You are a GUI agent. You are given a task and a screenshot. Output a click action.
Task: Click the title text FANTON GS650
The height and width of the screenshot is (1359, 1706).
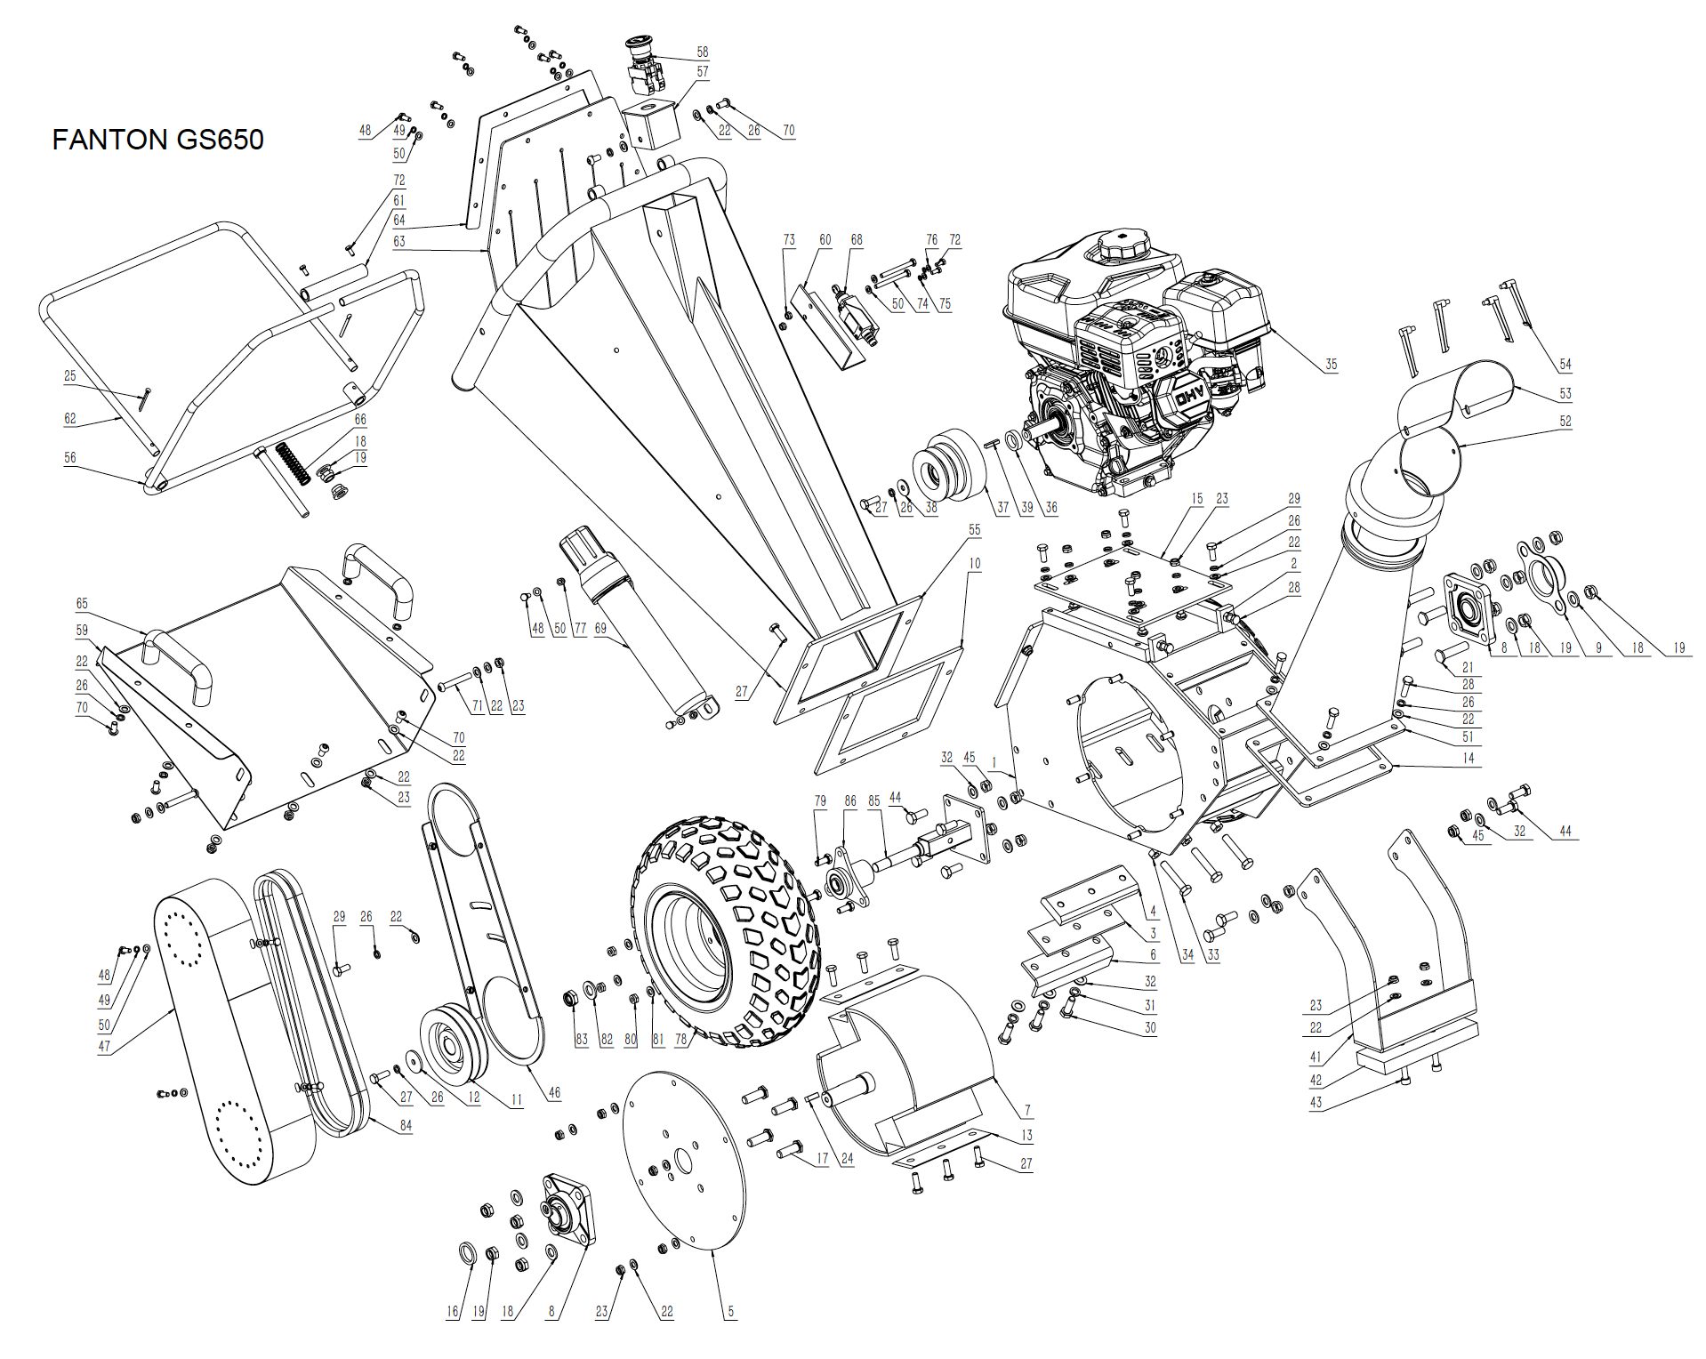click(157, 140)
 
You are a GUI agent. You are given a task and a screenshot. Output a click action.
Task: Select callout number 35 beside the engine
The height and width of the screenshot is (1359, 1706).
click(1331, 364)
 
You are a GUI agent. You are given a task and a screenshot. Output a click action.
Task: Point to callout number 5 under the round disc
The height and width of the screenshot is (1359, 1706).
click(730, 1311)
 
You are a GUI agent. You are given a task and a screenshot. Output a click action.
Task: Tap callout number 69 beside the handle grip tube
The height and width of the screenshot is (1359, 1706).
click(600, 629)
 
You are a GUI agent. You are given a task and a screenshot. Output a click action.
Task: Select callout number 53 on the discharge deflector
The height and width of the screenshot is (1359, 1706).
click(1565, 393)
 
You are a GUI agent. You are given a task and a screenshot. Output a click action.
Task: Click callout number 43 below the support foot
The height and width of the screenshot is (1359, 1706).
click(1316, 1102)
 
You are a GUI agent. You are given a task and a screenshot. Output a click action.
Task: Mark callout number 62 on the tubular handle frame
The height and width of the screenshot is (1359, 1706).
click(70, 419)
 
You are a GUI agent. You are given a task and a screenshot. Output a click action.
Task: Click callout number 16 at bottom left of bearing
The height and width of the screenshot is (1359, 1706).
click(454, 1311)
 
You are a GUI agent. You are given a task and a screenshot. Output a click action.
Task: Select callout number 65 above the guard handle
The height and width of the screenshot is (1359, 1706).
click(83, 603)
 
